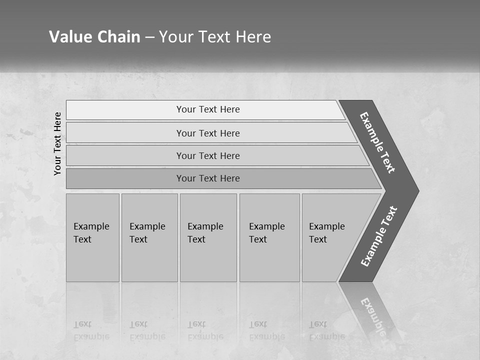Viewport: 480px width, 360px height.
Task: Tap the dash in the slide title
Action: coord(149,37)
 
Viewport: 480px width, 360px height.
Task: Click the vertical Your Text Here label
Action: coord(57,143)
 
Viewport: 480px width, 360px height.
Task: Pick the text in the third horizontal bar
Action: coord(208,156)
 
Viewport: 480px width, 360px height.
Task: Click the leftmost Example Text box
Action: coord(92,237)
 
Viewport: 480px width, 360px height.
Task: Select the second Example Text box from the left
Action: coord(149,237)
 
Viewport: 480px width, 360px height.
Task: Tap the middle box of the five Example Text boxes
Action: coord(208,237)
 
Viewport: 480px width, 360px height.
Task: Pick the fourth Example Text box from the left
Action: coord(269,237)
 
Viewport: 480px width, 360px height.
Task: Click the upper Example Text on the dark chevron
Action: coord(377,142)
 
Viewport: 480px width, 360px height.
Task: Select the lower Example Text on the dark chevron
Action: coord(378,236)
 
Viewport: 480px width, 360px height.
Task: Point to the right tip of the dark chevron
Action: coord(417,191)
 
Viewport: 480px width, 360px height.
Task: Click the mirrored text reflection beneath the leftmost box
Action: coord(91,330)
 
